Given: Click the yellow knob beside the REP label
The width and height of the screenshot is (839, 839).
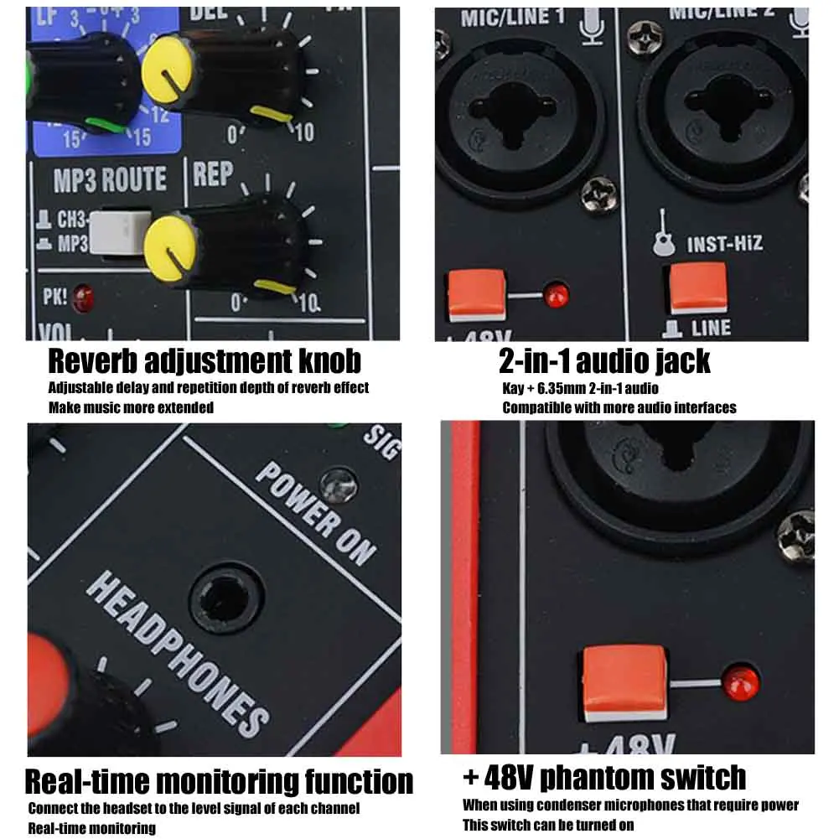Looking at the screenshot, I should [171, 242].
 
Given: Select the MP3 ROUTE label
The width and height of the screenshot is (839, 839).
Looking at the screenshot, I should [110, 179].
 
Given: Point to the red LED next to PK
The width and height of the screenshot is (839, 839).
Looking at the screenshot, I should [82, 295].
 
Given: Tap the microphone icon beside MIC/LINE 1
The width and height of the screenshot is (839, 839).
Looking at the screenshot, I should [591, 23].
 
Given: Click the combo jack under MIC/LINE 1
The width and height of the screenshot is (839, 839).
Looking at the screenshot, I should [520, 113].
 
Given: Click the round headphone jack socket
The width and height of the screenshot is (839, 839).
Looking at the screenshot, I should [225, 599].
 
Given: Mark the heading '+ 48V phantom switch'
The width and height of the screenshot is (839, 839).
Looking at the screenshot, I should [604, 777].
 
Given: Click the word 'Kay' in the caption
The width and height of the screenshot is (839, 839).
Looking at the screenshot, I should [513, 388].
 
